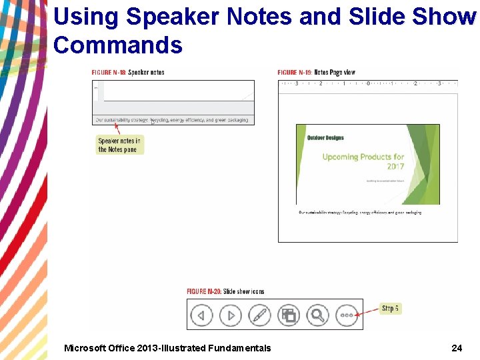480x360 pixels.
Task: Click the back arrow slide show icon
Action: pos(201,315)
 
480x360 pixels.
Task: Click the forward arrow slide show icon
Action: pos(231,315)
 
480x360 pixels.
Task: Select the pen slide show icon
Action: pos(259,315)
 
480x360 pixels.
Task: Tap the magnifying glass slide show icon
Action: pos(318,315)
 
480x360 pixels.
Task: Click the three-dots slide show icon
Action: pos(347,315)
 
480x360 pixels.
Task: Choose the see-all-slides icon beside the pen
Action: pos(289,315)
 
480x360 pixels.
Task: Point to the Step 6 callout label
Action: pos(390,309)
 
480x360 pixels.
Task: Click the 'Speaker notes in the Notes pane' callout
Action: pos(119,145)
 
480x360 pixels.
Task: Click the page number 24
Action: pos(457,347)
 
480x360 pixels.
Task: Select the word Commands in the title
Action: pos(117,45)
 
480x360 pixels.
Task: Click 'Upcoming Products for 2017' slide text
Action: pos(363,161)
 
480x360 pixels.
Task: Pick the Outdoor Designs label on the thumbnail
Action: pos(325,138)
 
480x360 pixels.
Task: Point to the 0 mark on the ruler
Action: pos(368,83)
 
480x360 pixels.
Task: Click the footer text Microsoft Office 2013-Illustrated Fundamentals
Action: pos(167,347)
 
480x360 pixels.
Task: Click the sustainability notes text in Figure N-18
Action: pos(171,121)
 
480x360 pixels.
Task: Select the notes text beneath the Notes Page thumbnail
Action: pos(360,213)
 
